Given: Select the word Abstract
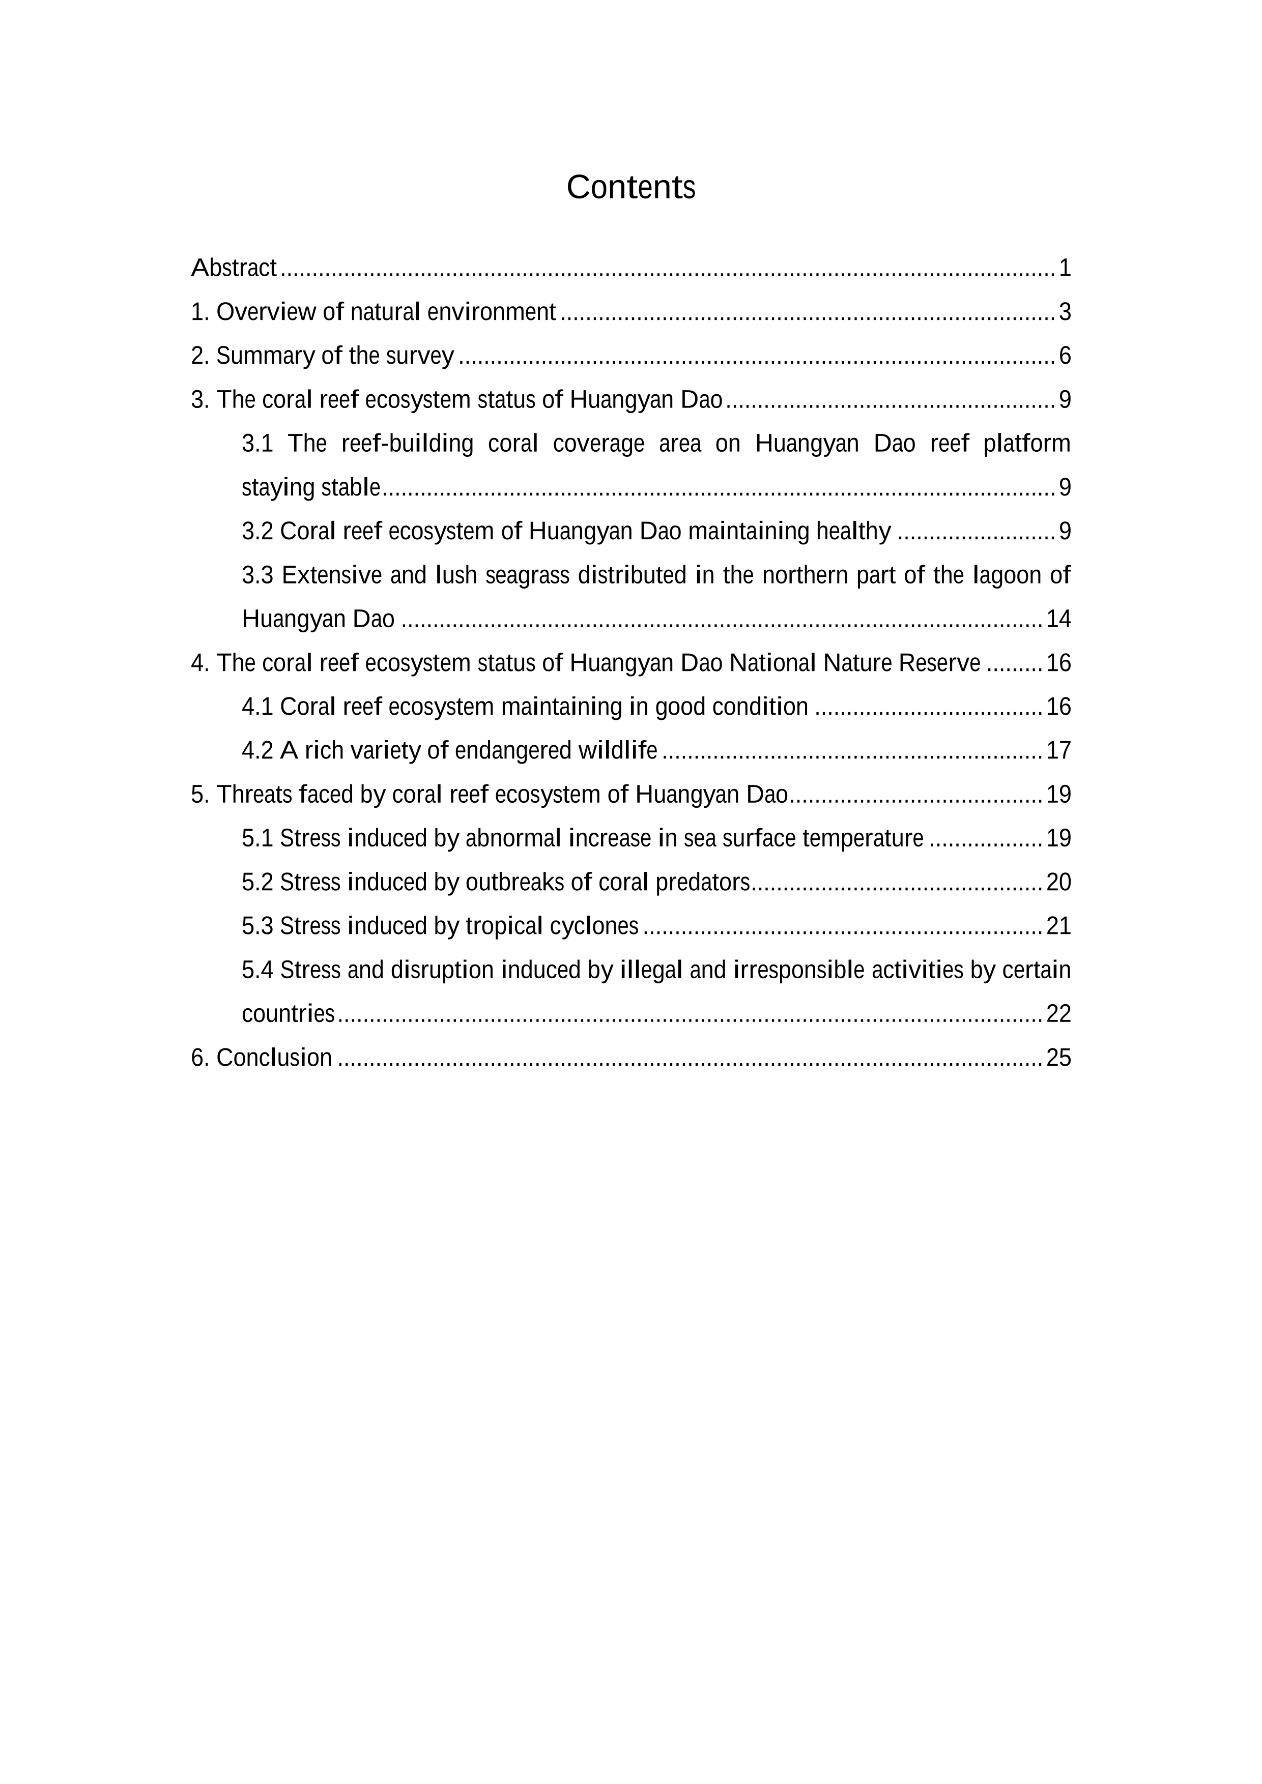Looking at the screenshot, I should pyautogui.click(x=233, y=268).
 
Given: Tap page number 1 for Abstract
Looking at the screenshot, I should pyautogui.click(x=1065, y=268).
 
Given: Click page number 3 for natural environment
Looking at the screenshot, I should pyautogui.click(x=1065, y=312).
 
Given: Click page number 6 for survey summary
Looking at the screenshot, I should pyautogui.click(x=1065, y=356).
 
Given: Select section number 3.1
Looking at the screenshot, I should pyautogui.click(x=257, y=444).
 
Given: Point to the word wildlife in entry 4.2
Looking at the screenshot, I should pyautogui.click(x=617, y=751).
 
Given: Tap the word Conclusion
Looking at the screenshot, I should pyautogui.click(x=274, y=1058).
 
